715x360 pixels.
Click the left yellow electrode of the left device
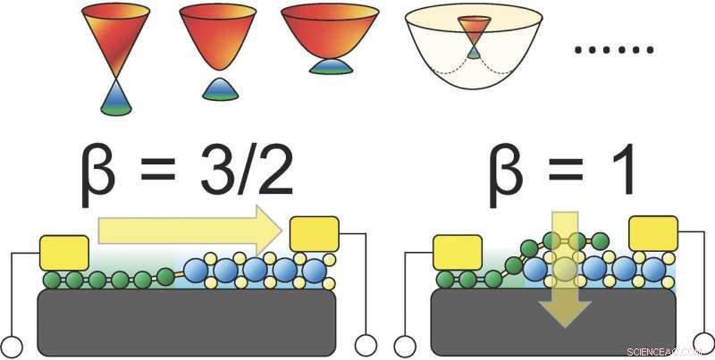click(63, 253)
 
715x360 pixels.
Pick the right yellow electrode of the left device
click(315, 234)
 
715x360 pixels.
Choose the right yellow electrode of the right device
click(656, 234)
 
